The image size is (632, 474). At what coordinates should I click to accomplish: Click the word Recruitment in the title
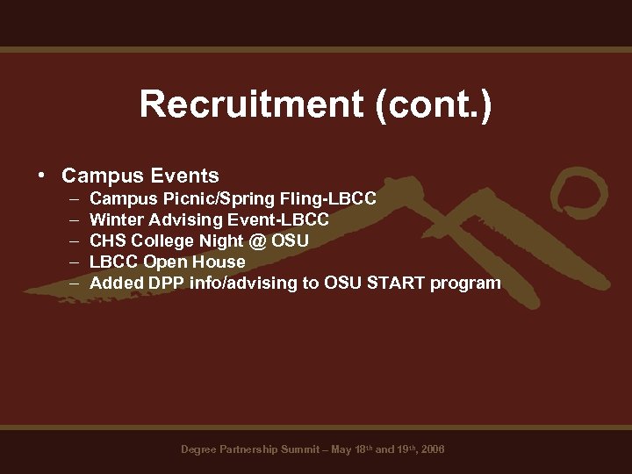[250, 105]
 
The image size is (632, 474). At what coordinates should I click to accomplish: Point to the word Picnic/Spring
[204, 199]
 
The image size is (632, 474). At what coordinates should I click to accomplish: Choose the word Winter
[115, 219]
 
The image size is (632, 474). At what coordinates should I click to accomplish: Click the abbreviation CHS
[108, 241]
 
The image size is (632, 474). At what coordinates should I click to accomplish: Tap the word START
[390, 283]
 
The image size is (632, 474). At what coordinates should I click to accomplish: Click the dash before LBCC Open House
[69, 262]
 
